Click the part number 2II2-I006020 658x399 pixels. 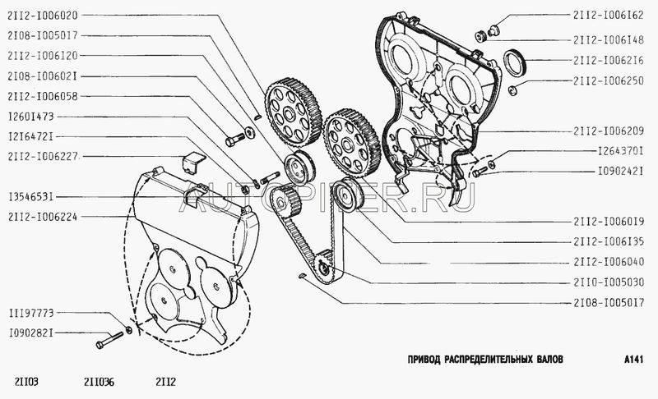tap(42, 16)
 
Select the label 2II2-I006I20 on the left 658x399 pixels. tap(42, 57)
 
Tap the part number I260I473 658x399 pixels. tap(31, 117)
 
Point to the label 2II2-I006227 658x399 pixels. tap(42, 156)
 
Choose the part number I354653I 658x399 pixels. tap(31, 197)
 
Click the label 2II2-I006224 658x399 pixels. tap(42, 217)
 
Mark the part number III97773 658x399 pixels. tap(31, 314)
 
